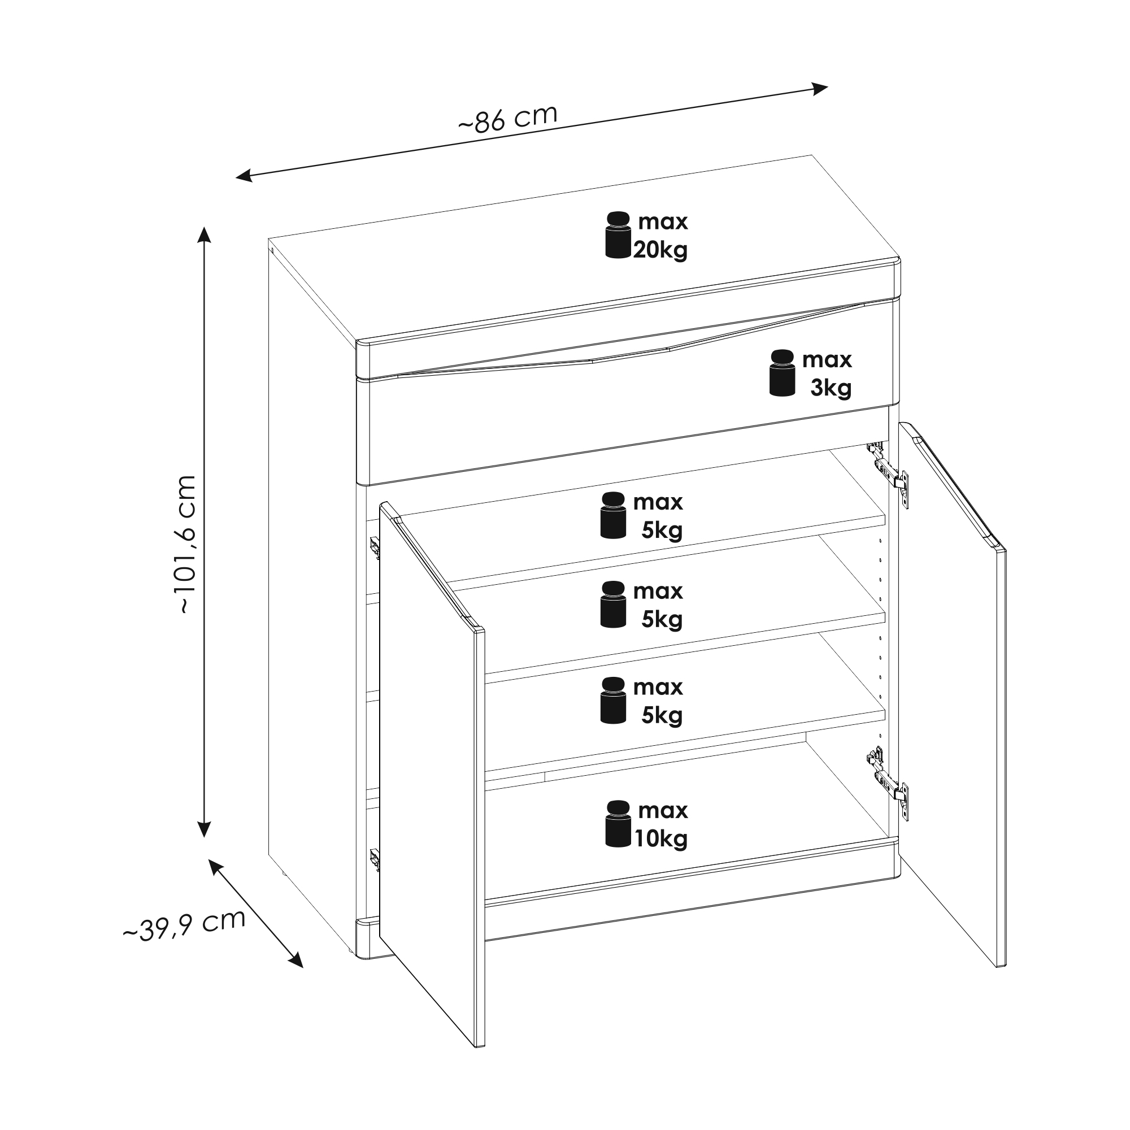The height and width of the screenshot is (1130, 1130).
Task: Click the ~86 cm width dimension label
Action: click(508, 119)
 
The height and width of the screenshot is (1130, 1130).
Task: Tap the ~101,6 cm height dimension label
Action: click(185, 544)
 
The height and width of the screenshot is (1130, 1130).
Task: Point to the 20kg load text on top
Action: click(660, 250)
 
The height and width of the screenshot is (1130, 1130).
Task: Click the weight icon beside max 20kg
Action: click(618, 234)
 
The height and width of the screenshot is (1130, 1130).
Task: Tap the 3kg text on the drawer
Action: click(831, 387)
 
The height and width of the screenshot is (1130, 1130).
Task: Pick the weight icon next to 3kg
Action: click(783, 372)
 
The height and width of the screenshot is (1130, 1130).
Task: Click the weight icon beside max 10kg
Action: click(618, 824)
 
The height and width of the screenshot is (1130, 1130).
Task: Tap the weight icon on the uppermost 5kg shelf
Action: click(614, 515)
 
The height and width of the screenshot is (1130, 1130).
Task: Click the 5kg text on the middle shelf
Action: click(662, 619)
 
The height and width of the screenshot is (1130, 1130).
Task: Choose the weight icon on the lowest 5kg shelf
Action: click(614, 700)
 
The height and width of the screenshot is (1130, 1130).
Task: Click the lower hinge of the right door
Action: click(888, 783)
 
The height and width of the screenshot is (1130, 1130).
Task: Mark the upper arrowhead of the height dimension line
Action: click(203, 234)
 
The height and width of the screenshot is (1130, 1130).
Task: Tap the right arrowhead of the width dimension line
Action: click(820, 88)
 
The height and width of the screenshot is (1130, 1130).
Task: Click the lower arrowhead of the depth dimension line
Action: click(295, 960)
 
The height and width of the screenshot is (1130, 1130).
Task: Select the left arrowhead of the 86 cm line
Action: click(244, 176)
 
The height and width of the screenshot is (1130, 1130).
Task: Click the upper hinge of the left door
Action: click(375, 548)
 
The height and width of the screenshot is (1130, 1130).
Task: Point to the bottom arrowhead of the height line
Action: click(203, 829)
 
